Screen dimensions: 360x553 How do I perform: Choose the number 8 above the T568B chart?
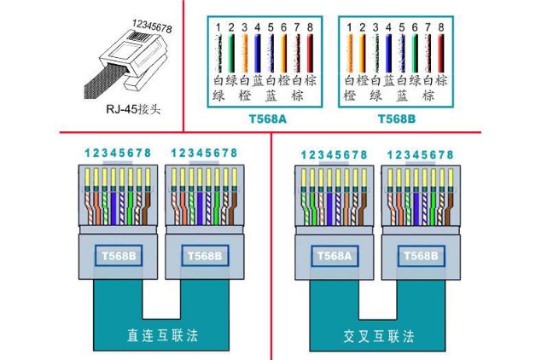[440, 27]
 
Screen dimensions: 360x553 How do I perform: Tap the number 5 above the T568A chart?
[270, 27]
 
